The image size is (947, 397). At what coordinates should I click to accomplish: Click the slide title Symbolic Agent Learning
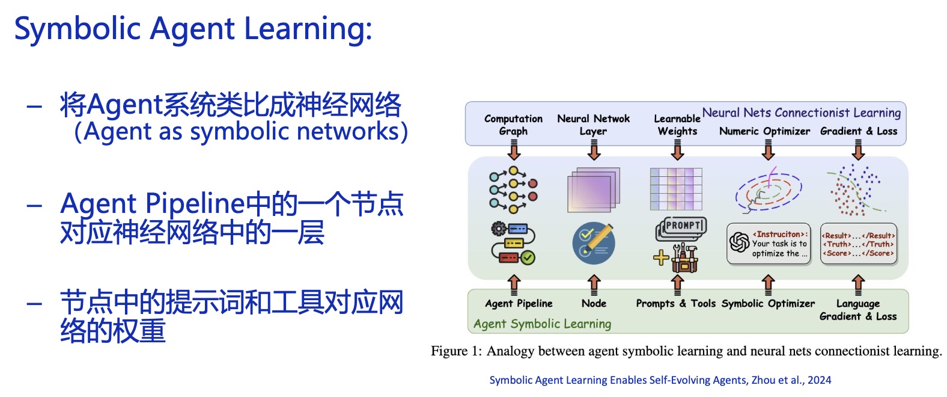pyautogui.click(x=193, y=29)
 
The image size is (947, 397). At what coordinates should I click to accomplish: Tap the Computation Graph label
pyautogui.click(x=513, y=125)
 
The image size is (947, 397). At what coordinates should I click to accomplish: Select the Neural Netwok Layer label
pyautogui.click(x=593, y=125)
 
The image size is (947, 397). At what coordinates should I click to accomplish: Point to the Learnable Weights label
pyautogui.click(x=677, y=125)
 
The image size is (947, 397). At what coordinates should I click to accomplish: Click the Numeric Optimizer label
pyautogui.click(x=764, y=131)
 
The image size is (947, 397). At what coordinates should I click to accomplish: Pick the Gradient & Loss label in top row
pyautogui.click(x=859, y=131)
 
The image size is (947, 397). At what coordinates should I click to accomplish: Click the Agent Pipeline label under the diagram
pyautogui.click(x=519, y=303)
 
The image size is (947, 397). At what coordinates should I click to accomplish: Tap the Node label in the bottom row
pyautogui.click(x=594, y=303)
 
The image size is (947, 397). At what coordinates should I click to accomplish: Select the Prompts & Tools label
pyautogui.click(x=675, y=303)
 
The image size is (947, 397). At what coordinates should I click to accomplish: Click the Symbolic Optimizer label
pyautogui.click(x=768, y=303)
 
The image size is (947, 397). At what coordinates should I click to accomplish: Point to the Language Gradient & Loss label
pyautogui.click(x=858, y=310)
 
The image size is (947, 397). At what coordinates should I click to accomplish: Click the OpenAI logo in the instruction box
pyautogui.click(x=739, y=242)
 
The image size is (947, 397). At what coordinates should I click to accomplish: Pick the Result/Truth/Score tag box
pyautogui.click(x=858, y=244)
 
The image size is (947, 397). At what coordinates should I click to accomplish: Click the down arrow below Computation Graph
pyautogui.click(x=514, y=149)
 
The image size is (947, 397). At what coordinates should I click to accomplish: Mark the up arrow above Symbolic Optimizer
pyautogui.click(x=768, y=283)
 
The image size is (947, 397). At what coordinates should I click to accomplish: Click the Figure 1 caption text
pyautogui.click(x=686, y=351)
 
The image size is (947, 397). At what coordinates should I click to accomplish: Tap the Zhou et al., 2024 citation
pyautogui.click(x=660, y=380)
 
